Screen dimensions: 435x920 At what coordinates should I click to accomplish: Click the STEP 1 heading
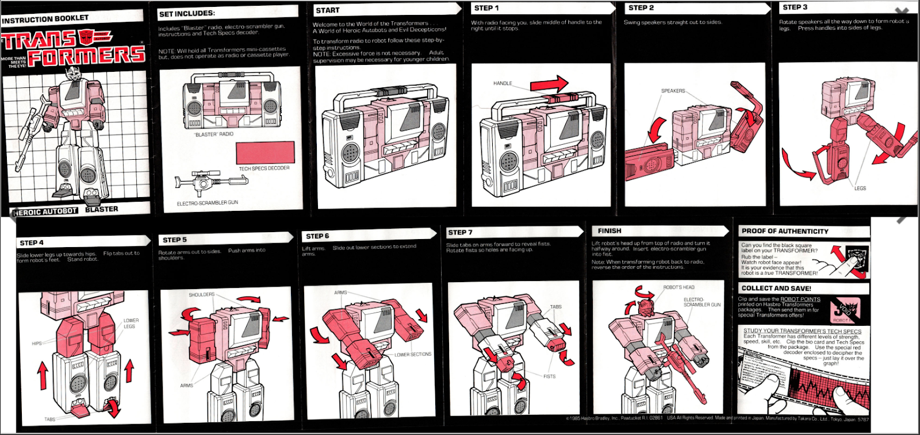click(x=486, y=8)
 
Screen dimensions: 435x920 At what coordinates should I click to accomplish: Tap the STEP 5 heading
click(x=175, y=240)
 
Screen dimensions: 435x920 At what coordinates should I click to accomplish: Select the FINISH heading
click(x=609, y=230)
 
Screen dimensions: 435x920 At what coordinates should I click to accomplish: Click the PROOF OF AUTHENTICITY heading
click(x=785, y=231)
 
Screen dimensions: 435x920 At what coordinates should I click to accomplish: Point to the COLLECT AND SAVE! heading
click(x=776, y=288)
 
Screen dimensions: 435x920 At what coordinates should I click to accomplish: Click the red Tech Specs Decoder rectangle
click(x=265, y=152)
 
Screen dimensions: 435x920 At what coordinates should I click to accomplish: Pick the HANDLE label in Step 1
click(x=503, y=83)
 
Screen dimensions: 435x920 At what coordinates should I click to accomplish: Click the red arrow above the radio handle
click(x=549, y=85)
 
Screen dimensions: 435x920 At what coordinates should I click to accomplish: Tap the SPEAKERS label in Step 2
click(x=673, y=91)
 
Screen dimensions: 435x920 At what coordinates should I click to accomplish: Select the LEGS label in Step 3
click(x=860, y=188)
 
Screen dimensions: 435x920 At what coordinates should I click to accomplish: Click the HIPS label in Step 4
click(x=37, y=343)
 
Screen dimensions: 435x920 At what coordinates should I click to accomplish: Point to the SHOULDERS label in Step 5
click(x=201, y=294)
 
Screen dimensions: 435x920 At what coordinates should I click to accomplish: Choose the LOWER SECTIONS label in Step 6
click(x=413, y=355)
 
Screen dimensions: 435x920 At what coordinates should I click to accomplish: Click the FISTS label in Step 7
click(x=549, y=376)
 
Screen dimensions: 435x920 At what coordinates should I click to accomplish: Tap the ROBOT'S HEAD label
click(x=678, y=287)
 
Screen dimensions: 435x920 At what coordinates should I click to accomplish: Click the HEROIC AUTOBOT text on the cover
click(x=45, y=211)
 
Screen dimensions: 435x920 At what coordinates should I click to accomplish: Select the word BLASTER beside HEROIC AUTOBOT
click(x=101, y=209)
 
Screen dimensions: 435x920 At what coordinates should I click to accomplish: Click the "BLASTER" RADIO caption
click(x=214, y=134)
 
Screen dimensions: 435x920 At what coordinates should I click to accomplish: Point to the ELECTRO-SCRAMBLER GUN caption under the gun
click(x=207, y=203)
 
